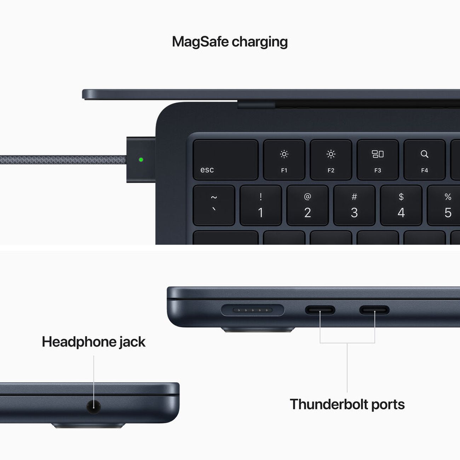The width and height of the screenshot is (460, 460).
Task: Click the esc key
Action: point(225,160)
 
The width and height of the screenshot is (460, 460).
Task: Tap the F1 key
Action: point(284,160)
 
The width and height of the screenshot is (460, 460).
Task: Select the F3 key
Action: point(378,160)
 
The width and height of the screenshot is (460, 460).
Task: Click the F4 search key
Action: point(424,160)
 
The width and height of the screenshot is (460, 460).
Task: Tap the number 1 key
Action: point(261,205)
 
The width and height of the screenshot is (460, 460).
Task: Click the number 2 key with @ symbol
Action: point(307,205)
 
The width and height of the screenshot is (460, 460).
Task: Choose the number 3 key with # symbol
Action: point(354,205)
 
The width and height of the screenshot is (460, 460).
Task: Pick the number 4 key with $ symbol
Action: point(401,205)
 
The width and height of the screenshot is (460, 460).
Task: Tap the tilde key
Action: point(214,205)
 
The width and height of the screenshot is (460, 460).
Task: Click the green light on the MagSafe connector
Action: point(141,160)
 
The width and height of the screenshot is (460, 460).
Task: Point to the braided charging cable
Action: point(64,160)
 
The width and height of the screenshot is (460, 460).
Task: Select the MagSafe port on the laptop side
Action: point(253,310)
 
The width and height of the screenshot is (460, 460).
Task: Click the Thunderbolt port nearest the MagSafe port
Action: point(320,310)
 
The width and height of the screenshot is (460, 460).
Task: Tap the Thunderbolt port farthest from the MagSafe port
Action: point(374,310)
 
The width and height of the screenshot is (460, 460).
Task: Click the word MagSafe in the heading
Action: point(200,42)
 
